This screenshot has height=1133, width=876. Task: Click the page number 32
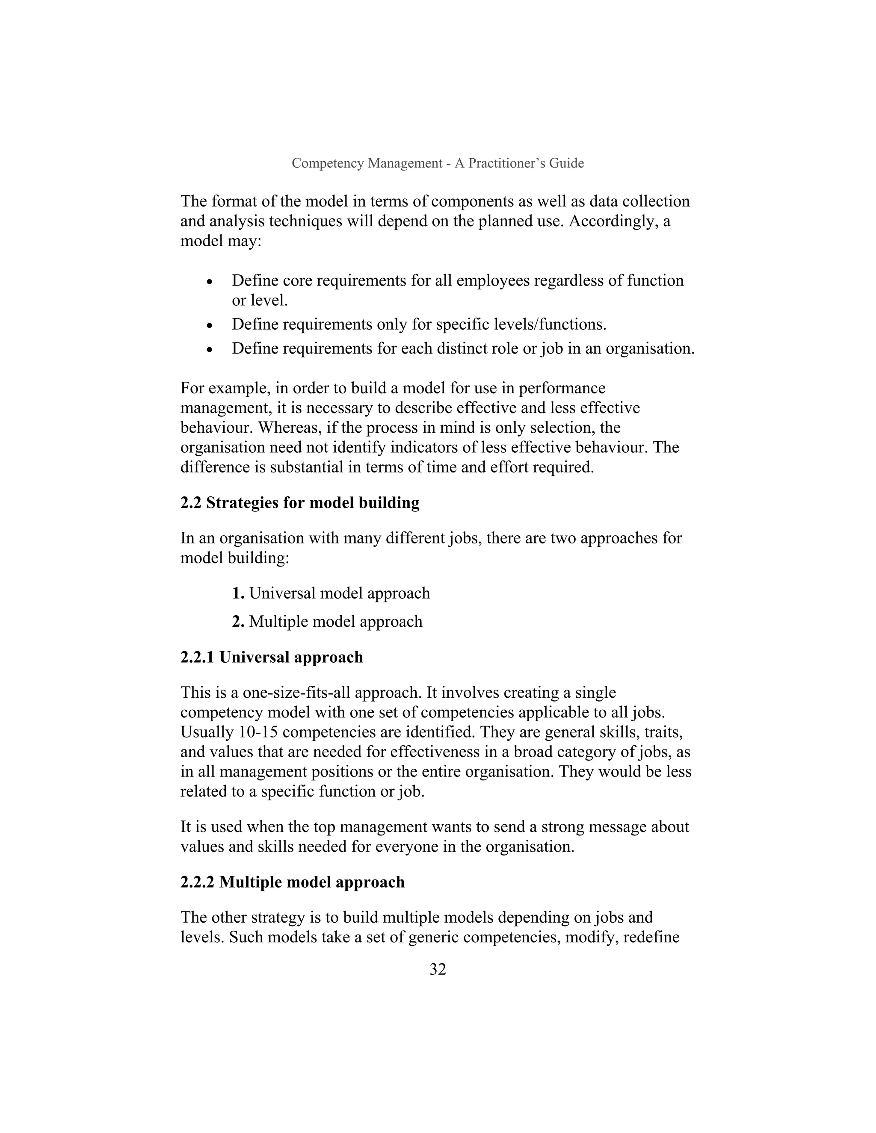coord(438,970)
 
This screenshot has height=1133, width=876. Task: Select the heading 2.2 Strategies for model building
coord(300,503)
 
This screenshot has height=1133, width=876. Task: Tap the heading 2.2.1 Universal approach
coord(272,657)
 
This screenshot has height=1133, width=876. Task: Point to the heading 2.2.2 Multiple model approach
coord(292,882)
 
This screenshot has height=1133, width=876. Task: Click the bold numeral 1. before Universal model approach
coord(238,593)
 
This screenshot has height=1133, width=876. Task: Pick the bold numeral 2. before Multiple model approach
coord(238,622)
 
